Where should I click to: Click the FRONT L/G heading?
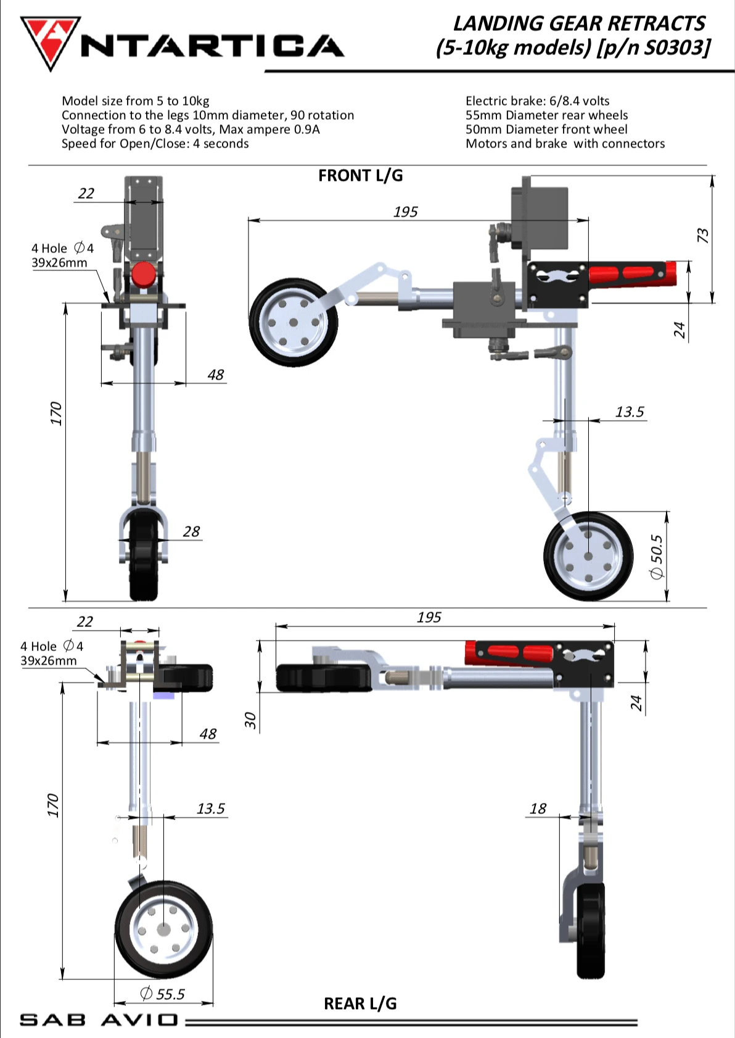click(x=360, y=176)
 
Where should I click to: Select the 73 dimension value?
click(x=703, y=235)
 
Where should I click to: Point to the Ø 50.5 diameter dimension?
click(x=657, y=557)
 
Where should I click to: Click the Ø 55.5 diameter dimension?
click(x=163, y=994)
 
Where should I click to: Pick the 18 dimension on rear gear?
click(x=538, y=808)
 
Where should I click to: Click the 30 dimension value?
click(x=250, y=720)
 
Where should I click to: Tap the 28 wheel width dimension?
click(x=191, y=531)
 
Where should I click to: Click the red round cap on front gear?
click(x=144, y=274)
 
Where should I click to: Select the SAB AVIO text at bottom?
click(x=99, y=1019)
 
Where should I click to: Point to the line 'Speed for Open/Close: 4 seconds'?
click(x=155, y=144)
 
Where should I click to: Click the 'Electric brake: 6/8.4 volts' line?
click(x=537, y=101)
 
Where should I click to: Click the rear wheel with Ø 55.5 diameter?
click(x=163, y=929)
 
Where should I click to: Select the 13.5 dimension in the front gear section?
click(x=629, y=412)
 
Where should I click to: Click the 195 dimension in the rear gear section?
click(x=429, y=617)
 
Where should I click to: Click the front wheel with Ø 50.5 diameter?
click(x=588, y=556)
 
